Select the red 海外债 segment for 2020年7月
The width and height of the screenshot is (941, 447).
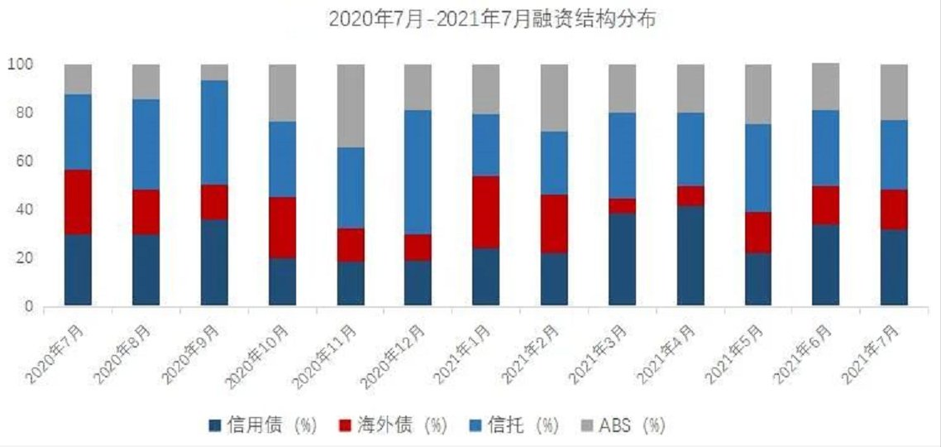[x=79, y=202]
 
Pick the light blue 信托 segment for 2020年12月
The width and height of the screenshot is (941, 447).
[x=418, y=172]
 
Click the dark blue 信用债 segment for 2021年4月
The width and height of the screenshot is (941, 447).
[x=690, y=256]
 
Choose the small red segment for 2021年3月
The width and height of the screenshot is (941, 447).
[x=623, y=206]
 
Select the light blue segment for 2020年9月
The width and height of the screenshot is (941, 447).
[x=214, y=132]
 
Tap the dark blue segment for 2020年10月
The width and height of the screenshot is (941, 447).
[x=282, y=281]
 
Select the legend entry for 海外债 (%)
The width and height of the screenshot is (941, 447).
[x=393, y=425]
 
